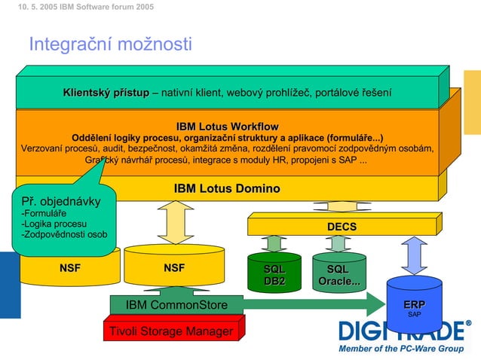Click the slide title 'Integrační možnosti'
click(x=110, y=44)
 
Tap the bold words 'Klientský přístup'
click(x=106, y=93)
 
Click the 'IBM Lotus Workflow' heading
click(x=227, y=126)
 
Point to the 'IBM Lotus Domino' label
click(x=227, y=188)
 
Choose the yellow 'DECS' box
click(x=342, y=226)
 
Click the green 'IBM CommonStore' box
click(x=176, y=304)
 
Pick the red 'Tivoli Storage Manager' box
click(x=170, y=331)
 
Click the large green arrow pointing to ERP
click(x=317, y=304)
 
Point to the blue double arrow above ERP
click(x=414, y=255)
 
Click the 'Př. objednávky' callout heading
click(x=60, y=202)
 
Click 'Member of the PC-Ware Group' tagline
click(x=401, y=349)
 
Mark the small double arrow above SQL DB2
click(x=274, y=243)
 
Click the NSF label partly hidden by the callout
click(x=70, y=267)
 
